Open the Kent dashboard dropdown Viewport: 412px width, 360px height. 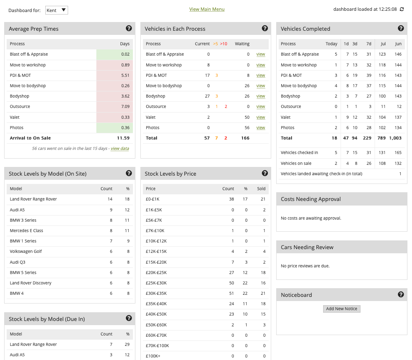[56, 10]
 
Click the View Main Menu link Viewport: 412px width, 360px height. [207, 9]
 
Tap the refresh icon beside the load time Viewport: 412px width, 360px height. [402, 9]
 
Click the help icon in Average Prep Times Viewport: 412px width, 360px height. [129, 28]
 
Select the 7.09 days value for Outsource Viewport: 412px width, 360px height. [125, 107]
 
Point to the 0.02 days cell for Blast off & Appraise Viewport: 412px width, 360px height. [125, 54]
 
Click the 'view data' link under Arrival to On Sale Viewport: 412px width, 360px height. [120, 149]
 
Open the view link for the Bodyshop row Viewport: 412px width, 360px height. [260, 96]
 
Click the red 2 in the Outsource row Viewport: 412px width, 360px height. [226, 107]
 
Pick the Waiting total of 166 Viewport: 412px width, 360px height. [245, 138]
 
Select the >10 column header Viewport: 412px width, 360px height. [223, 44]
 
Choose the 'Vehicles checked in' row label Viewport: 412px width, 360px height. [299, 153]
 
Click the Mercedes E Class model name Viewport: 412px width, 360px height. [27, 230]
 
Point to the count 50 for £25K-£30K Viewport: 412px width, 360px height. [231, 283]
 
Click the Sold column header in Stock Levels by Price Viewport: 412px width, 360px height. [261, 189]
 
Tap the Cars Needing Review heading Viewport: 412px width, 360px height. [307, 247]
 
